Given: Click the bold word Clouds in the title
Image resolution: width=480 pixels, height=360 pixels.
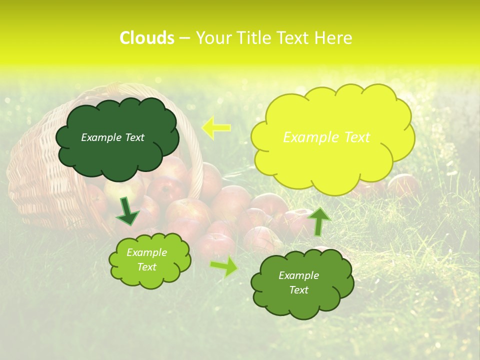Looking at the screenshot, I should [147, 38].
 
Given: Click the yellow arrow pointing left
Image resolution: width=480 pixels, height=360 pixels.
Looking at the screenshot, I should [215, 127].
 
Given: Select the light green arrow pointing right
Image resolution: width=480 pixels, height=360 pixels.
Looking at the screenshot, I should [224, 266].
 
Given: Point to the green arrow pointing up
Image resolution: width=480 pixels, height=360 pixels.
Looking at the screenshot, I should [319, 220].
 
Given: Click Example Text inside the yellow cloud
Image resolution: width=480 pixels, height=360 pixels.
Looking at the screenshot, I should [326, 137].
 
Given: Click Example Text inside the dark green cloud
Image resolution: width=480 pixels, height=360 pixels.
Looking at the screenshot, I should [112, 137].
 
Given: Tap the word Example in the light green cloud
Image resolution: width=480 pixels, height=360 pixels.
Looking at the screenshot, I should [146, 252].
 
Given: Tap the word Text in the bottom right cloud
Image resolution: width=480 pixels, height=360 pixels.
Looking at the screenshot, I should [298, 290].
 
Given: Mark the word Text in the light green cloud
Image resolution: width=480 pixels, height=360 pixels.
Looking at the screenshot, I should [146, 267].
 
